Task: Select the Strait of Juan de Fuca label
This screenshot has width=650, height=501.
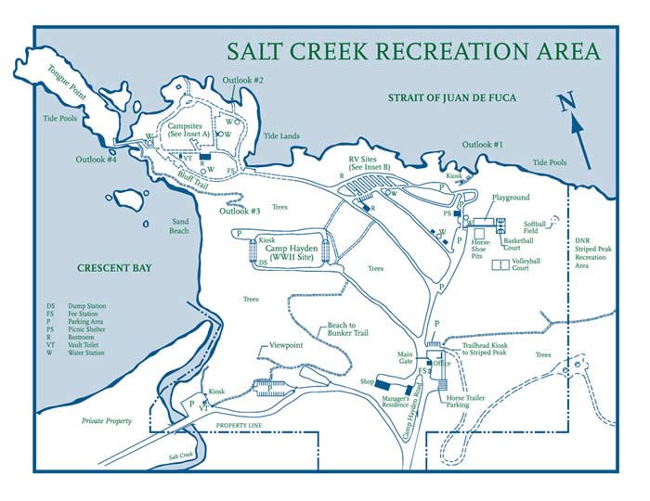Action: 450,97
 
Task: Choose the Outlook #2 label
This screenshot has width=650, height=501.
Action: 245,81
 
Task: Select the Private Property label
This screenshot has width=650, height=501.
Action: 104,421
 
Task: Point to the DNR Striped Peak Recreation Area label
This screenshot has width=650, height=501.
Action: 591,252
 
